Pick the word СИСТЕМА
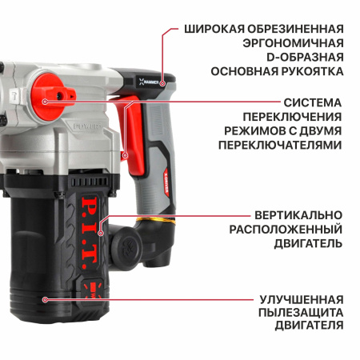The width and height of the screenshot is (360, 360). (x=313, y=102)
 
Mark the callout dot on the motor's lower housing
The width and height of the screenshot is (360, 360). (x=45, y=298)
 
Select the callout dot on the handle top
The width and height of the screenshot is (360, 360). (x=162, y=82)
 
